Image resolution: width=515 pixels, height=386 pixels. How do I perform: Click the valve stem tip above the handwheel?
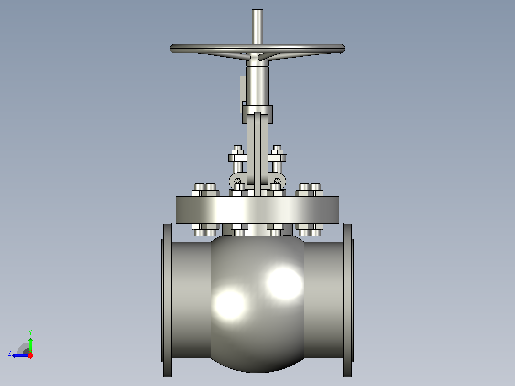257,11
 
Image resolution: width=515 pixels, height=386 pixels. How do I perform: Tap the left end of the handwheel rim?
171,49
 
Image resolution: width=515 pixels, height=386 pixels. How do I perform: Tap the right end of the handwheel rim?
344,49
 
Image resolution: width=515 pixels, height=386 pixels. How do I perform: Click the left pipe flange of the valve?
167,300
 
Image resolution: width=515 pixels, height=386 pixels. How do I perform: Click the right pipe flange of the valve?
348,300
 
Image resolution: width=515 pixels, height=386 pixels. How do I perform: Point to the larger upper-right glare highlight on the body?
284,283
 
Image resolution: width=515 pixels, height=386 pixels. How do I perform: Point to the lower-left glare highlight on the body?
230,304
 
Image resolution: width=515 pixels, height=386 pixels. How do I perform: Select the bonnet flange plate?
257,210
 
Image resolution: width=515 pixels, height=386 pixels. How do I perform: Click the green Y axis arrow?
30,345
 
